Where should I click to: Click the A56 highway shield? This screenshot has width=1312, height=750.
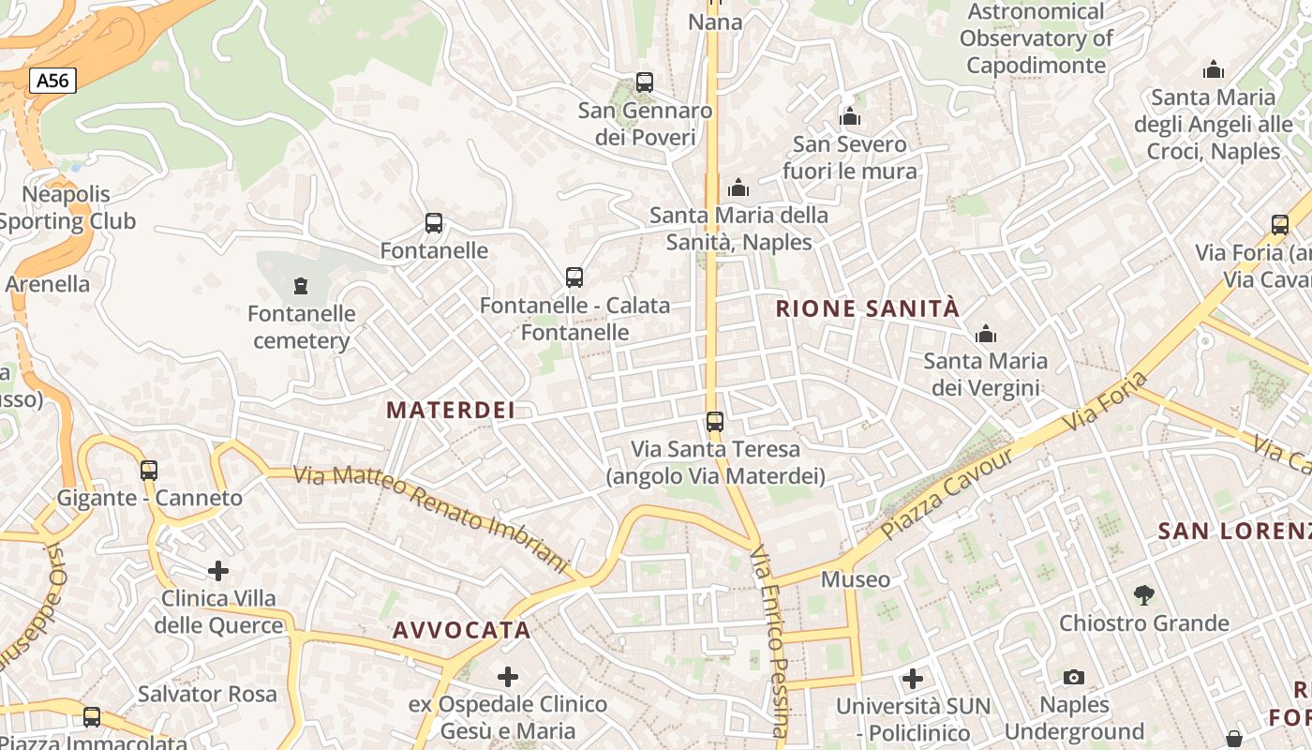(x=52, y=81)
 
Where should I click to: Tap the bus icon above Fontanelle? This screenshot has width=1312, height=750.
(x=434, y=223)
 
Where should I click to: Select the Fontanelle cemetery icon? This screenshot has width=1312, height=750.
(x=300, y=285)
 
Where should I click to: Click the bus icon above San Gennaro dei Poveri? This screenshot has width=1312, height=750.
(x=645, y=82)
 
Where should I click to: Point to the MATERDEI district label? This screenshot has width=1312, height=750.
(x=451, y=410)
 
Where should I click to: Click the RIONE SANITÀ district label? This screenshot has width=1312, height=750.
(x=868, y=308)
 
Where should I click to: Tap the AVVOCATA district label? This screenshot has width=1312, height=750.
(x=462, y=630)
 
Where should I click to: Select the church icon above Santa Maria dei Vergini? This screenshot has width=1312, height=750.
(x=986, y=334)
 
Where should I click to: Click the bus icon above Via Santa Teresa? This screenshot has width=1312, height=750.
(x=715, y=422)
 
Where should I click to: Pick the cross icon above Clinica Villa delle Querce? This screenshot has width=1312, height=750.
(x=218, y=570)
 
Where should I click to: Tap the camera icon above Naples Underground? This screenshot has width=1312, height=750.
(x=1074, y=677)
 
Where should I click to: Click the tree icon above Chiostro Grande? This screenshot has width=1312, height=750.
(x=1143, y=594)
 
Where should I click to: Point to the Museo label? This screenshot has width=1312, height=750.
(x=856, y=579)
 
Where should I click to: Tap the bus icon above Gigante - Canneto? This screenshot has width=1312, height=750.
(x=149, y=470)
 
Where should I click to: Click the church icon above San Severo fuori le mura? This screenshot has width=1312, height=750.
(x=850, y=117)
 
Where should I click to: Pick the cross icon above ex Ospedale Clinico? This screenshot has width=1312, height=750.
(x=508, y=676)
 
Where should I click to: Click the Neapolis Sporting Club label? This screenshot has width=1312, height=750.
(x=67, y=208)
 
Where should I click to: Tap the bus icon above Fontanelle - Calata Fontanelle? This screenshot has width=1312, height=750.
(x=574, y=277)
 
